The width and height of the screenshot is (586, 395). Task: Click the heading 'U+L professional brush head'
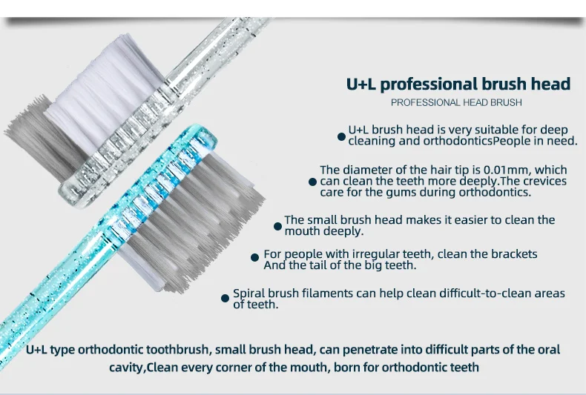(x=458, y=84)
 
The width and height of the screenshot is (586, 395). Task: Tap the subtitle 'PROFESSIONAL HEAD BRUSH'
(x=456, y=103)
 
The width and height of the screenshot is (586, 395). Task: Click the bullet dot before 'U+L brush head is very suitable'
(x=341, y=136)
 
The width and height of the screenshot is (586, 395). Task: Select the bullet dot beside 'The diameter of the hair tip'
(x=313, y=182)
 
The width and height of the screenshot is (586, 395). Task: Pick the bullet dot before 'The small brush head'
(x=277, y=226)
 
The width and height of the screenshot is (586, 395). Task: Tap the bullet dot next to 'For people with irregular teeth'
(x=254, y=257)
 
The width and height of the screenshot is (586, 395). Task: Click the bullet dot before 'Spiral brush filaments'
(x=225, y=298)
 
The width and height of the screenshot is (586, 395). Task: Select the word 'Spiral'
(x=248, y=293)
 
